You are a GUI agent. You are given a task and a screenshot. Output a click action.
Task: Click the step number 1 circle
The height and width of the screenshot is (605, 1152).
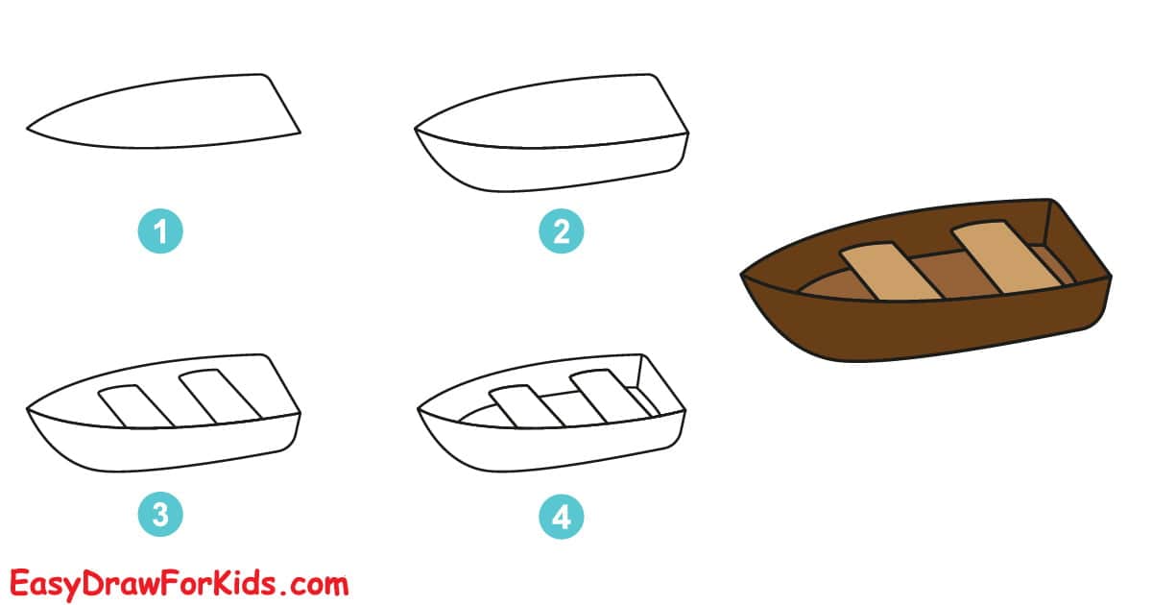[x=159, y=231]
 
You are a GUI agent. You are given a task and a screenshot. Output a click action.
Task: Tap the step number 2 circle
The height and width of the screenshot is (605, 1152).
[x=562, y=231]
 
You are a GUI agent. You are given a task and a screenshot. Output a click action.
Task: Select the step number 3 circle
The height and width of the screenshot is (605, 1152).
[x=159, y=516]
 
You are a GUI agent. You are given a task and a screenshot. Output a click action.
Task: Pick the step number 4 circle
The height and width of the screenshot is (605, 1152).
[x=562, y=516]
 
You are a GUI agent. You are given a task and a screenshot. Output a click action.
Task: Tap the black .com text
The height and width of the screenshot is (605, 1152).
[x=314, y=582]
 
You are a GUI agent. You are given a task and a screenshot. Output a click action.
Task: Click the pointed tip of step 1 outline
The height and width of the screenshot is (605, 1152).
[x=29, y=128]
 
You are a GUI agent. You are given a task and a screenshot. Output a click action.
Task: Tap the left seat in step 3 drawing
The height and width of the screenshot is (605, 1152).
[x=136, y=405]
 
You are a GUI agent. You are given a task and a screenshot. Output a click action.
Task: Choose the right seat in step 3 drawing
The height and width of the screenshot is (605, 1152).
[x=220, y=394]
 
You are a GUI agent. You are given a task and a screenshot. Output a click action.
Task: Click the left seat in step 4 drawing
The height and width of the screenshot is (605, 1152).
[x=524, y=407]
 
